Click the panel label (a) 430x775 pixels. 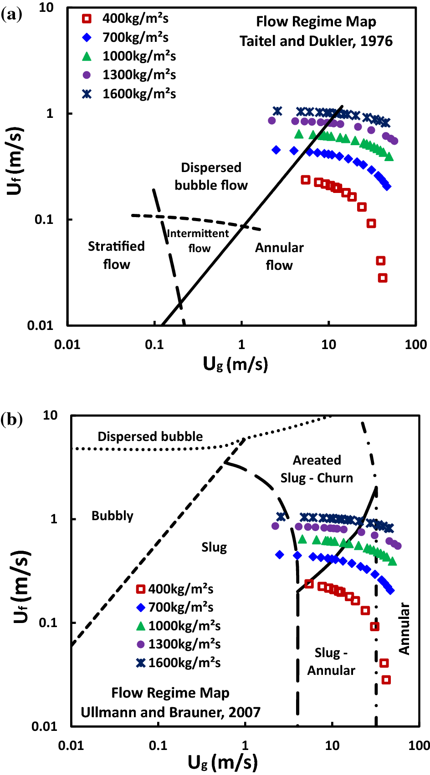tap(11, 15)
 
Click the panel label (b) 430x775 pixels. tap(11, 419)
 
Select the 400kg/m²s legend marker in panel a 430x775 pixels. tap(87, 19)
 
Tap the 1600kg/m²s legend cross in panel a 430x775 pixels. tap(87, 94)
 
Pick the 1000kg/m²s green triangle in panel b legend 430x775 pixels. tap(141, 626)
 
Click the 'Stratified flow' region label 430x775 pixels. tap(116, 255)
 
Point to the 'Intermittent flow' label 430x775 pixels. tap(198, 241)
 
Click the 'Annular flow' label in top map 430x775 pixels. tap(279, 257)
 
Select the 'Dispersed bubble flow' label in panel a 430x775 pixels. tap(211, 177)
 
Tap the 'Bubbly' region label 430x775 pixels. tap(112, 516)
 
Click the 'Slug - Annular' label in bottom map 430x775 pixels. tap(331, 662)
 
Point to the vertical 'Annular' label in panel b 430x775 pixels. tap(404, 629)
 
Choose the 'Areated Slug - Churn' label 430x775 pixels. tap(317, 469)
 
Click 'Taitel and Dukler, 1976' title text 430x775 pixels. tap(316, 41)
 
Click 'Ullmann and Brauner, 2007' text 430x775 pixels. tap(170, 712)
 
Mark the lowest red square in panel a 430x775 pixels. tap(383, 278)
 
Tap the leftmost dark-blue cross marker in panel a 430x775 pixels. tap(277, 111)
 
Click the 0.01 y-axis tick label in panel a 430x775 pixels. tap(40, 325)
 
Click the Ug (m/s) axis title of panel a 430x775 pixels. tap(235, 364)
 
